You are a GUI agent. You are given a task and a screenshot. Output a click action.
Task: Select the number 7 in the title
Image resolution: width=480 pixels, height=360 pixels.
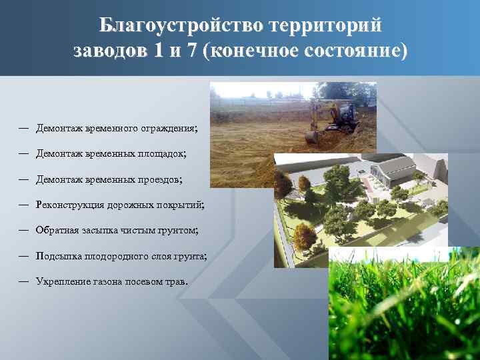coord(192,51)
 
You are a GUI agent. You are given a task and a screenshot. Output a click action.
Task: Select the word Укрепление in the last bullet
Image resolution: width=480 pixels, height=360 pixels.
coord(61,281)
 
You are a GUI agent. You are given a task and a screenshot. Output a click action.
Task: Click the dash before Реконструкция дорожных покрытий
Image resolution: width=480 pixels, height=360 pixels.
coord(23,205)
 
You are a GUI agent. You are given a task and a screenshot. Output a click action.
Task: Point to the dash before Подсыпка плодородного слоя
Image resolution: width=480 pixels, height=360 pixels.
coord(23,256)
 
